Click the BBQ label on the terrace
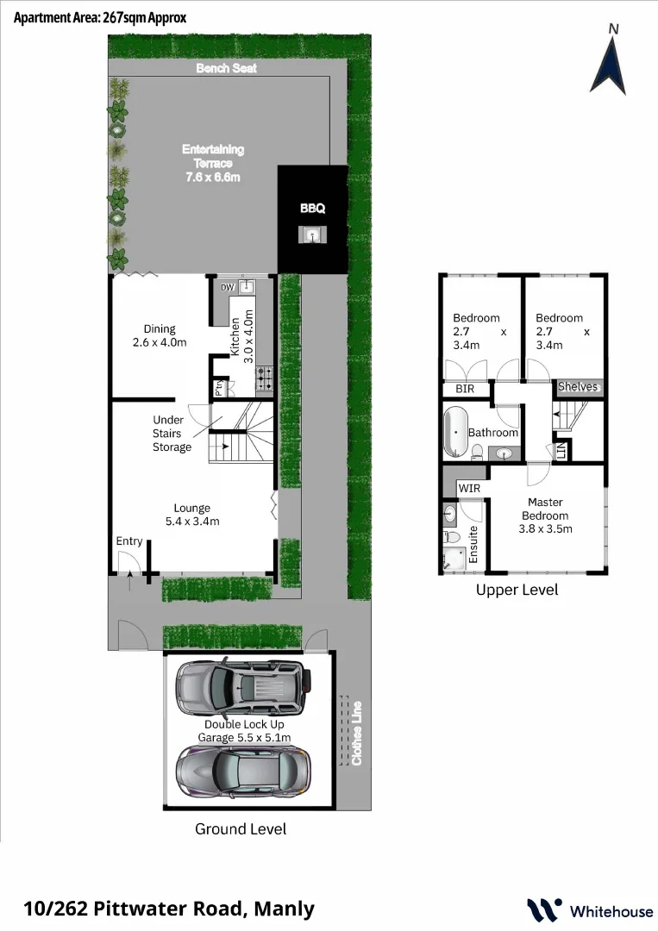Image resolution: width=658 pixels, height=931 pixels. coord(312,209)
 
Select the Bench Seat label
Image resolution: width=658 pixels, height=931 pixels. coord(226,68)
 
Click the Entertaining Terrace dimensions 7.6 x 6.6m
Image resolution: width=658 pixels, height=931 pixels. coord(213,177)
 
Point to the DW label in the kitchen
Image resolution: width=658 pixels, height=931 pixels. coord(227,288)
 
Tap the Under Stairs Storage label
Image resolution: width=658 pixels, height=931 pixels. coord(172,434)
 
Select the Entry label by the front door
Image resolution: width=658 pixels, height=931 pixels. coord(129,541)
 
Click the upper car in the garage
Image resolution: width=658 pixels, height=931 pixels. coord(241,688)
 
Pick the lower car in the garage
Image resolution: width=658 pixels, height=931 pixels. coord(241,769)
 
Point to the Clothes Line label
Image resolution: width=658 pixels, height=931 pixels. coord(355,732)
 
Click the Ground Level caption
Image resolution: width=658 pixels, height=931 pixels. coord(241,829)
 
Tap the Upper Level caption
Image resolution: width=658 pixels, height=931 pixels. coord(517,590)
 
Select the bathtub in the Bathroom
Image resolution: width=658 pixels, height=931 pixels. coord(454,433)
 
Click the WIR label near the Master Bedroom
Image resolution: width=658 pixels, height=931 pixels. coord(470,489)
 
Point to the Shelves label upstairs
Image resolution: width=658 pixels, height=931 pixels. coord(578,387)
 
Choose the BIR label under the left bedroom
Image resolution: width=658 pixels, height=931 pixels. coord(465,390)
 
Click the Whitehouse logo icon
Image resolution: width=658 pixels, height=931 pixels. coord(543,910)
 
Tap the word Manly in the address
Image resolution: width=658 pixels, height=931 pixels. coord(284,909)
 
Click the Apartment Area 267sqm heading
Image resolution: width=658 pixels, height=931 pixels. coord(100,17)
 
